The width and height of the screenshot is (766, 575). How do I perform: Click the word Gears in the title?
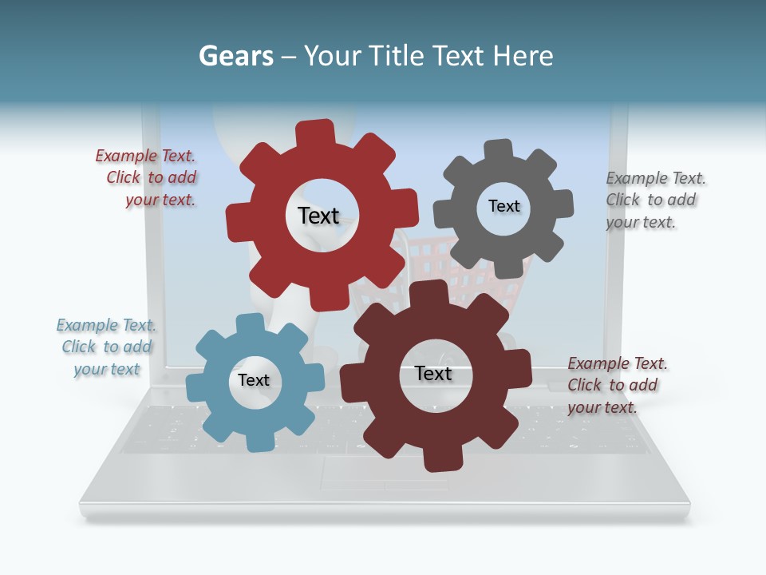pyautogui.click(x=235, y=56)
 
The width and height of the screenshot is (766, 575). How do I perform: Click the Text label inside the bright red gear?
pyautogui.click(x=318, y=216)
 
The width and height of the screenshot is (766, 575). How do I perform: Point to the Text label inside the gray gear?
pyautogui.click(x=503, y=206)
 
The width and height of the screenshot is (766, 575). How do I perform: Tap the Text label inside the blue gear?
pyautogui.click(x=254, y=380)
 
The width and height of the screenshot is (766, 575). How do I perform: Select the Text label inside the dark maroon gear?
pyautogui.click(x=433, y=374)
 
